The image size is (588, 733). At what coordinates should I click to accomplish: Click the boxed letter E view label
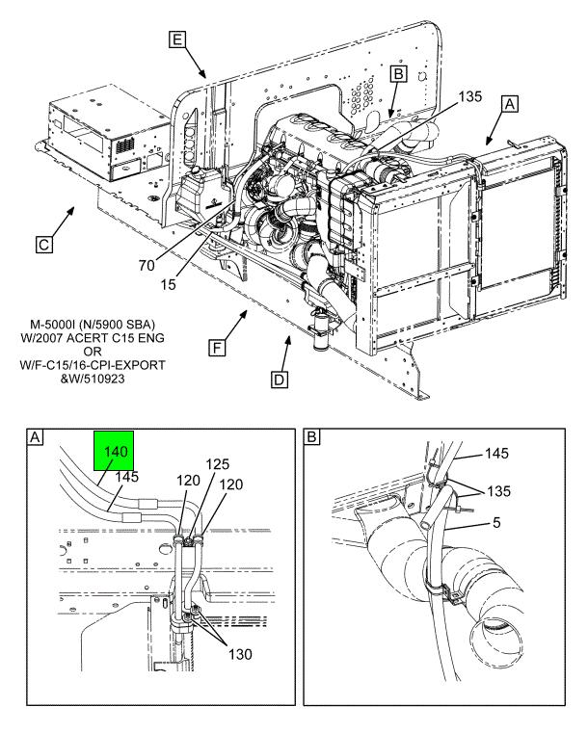coord(177,39)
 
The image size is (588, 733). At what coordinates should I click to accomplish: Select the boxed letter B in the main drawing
coord(398,74)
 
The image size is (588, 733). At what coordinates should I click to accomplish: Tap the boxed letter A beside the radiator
coord(509,104)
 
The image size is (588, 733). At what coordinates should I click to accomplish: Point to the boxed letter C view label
coord(44,245)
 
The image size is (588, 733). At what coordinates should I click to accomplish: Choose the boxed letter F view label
coord(217,349)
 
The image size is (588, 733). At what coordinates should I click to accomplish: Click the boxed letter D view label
coord(280,380)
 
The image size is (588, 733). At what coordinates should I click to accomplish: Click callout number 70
coord(147,266)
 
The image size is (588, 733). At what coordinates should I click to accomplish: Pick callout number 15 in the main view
coord(168,284)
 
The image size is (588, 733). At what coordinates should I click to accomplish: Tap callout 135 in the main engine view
coord(469,96)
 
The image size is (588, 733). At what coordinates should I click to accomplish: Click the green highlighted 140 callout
coord(115,452)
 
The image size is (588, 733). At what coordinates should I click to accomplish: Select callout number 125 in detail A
coord(218,464)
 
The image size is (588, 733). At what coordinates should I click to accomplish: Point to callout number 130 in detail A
coord(240,654)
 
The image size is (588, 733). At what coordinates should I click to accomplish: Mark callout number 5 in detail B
coord(496,522)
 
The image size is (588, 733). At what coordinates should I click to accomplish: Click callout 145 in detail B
coord(496,453)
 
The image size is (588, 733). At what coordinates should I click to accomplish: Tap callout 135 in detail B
coord(498,491)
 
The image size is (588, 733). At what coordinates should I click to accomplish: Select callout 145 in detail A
coord(127,477)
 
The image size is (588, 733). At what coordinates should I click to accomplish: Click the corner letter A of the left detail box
coord(35,437)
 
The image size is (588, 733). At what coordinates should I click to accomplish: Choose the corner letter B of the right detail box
coord(312,437)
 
